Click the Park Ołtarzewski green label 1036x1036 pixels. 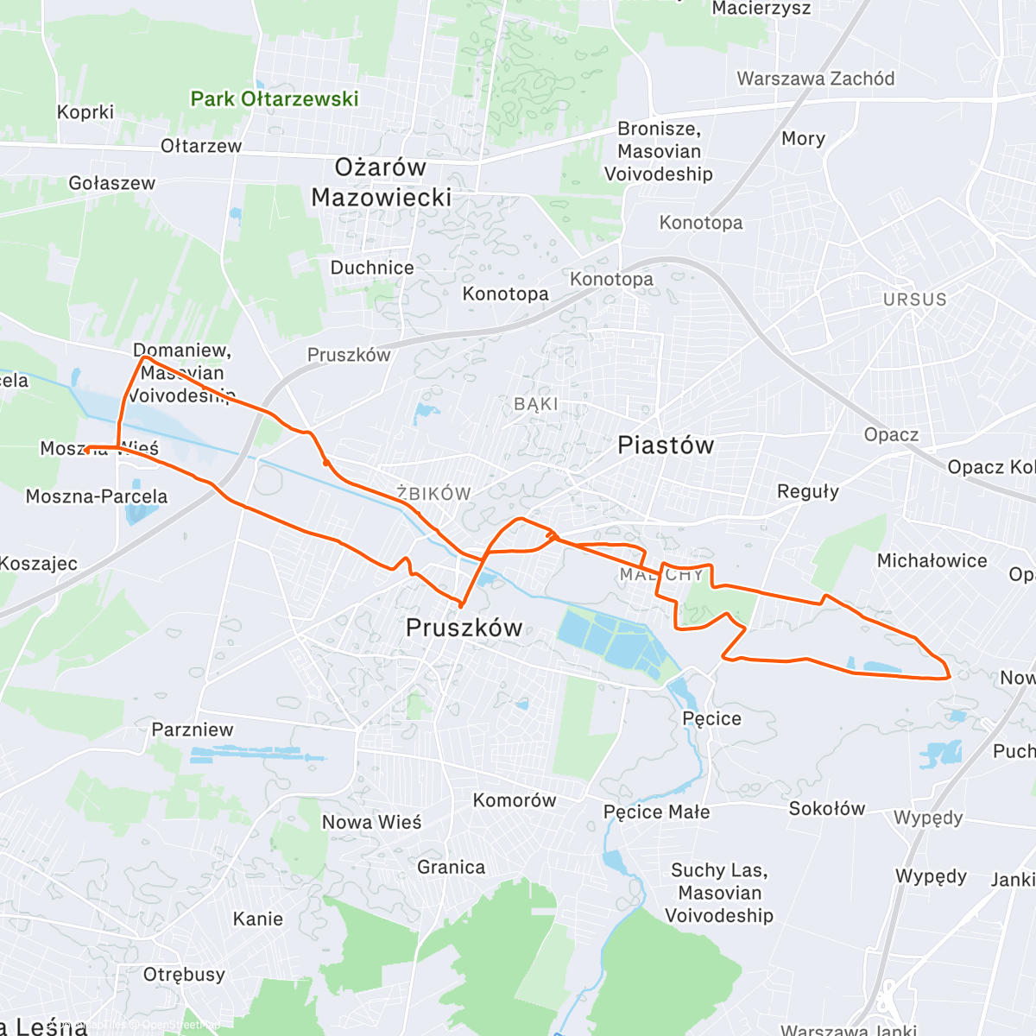point(275,99)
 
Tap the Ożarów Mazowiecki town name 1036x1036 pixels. point(381,182)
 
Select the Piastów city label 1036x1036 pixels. point(666,445)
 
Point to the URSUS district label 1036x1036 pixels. point(914,300)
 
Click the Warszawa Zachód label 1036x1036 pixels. point(815,79)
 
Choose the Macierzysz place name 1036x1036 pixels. point(761,9)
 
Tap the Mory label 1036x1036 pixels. point(803,139)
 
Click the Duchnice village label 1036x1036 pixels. point(372,268)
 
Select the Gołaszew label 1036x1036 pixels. point(112,183)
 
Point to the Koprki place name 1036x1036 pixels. point(85,112)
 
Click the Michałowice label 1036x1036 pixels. point(932,561)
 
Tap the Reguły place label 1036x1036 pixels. point(807,491)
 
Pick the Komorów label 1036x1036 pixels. point(515,800)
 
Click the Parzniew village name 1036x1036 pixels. point(193,730)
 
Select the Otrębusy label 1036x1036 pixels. point(184,975)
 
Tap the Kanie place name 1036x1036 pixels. point(258,919)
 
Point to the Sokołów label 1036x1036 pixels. point(826,809)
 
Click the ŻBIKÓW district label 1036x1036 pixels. point(433,494)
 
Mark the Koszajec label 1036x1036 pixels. point(39,564)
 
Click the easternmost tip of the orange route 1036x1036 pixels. point(951,676)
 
